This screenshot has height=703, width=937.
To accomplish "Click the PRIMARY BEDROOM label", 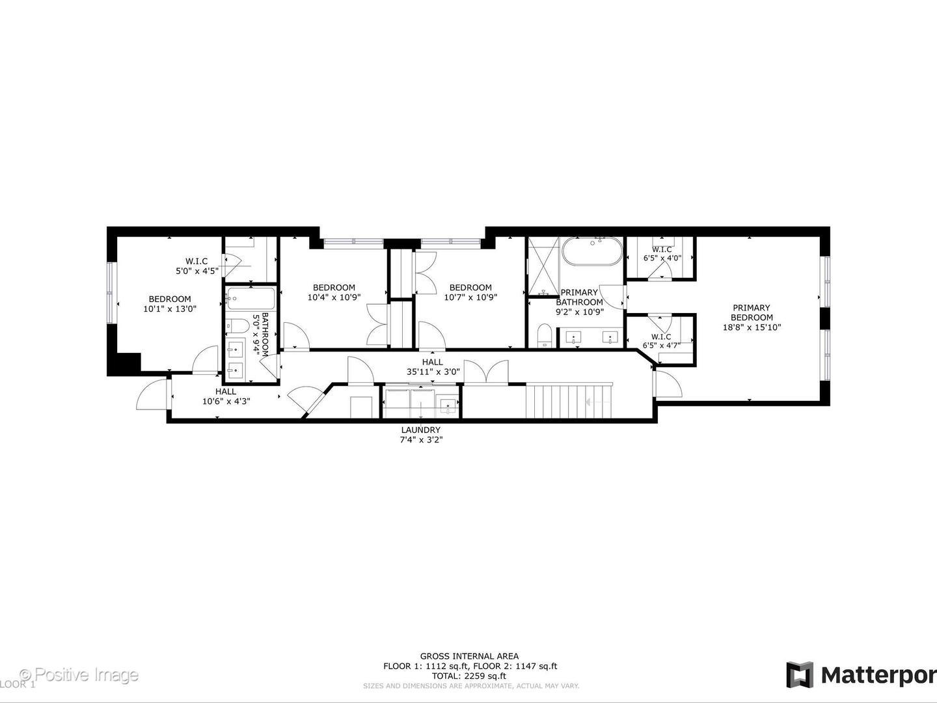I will coord(750,312).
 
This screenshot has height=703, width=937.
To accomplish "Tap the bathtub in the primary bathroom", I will coord(591,251).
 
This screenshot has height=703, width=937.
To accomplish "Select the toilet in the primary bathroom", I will coord(545,337).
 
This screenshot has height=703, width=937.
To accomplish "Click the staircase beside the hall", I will coord(569,402).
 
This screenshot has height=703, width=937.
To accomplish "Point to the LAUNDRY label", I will coord(420,430).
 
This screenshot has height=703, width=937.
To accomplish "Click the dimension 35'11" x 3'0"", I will coord(432,372).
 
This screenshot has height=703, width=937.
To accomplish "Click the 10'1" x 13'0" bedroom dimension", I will coord(170,309).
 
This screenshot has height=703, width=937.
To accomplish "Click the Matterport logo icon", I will coord(799,674).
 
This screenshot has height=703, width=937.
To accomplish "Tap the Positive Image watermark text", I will coord(79,674).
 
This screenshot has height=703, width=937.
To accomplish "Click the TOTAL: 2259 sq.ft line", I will coord(470,676).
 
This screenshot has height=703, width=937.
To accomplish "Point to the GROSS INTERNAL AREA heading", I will coord(470,656).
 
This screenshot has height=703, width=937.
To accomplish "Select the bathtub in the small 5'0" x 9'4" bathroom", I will coord(250,301).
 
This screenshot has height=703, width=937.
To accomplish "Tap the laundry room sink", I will coord(448,407).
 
